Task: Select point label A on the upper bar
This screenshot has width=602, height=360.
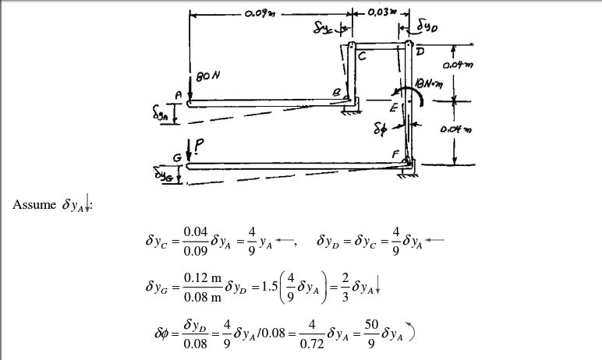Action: tap(178, 93)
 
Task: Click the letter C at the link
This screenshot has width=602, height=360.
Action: tap(362, 55)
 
